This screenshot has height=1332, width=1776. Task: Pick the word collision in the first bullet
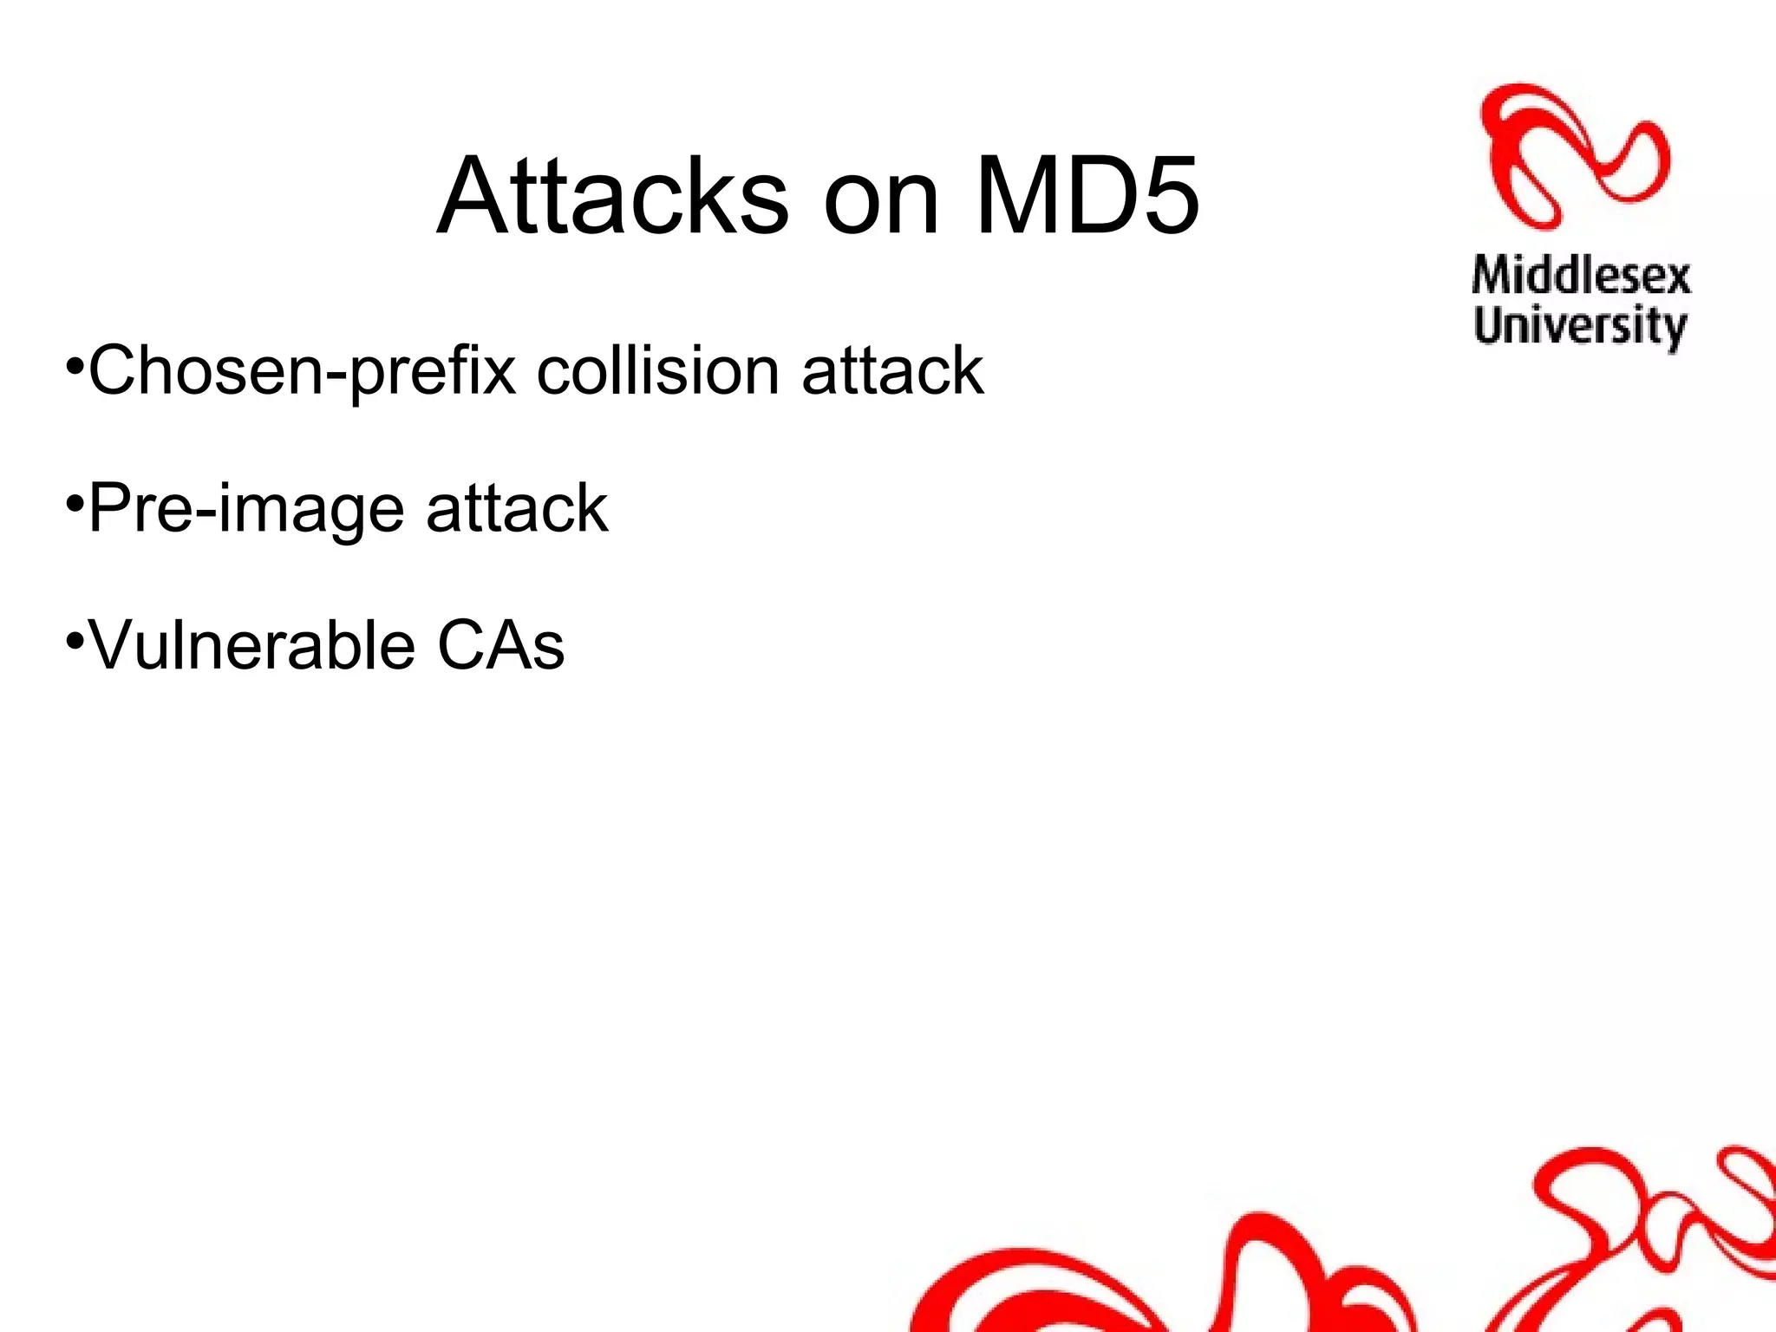click(x=658, y=371)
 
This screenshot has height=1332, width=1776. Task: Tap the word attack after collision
click(x=892, y=371)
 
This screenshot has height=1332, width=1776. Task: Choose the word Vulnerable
click(x=252, y=646)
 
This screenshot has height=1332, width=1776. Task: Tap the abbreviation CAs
click(x=500, y=646)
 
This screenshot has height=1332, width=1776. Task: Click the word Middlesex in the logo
click(x=1581, y=276)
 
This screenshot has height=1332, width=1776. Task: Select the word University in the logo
click(x=1580, y=326)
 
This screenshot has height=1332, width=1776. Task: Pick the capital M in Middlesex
click(x=1493, y=276)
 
